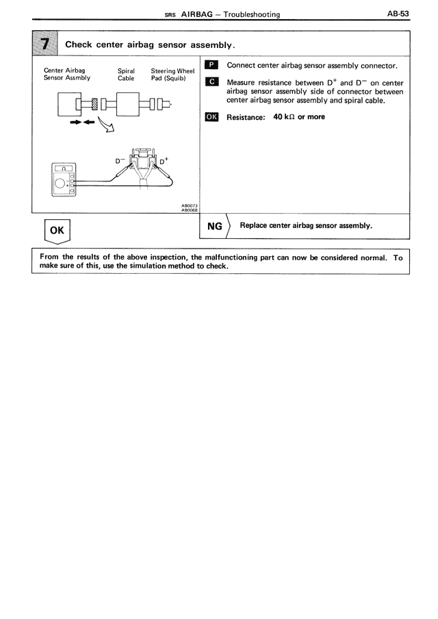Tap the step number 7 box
[45, 45]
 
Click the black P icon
[212, 66]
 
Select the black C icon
[212, 82]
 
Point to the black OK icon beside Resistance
[212, 117]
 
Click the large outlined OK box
[57, 231]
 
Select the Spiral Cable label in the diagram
[126, 74]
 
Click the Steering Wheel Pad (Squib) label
[172, 74]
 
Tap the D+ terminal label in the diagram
[165, 161]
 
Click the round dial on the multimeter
[60, 183]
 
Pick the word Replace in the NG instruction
[255, 225]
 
